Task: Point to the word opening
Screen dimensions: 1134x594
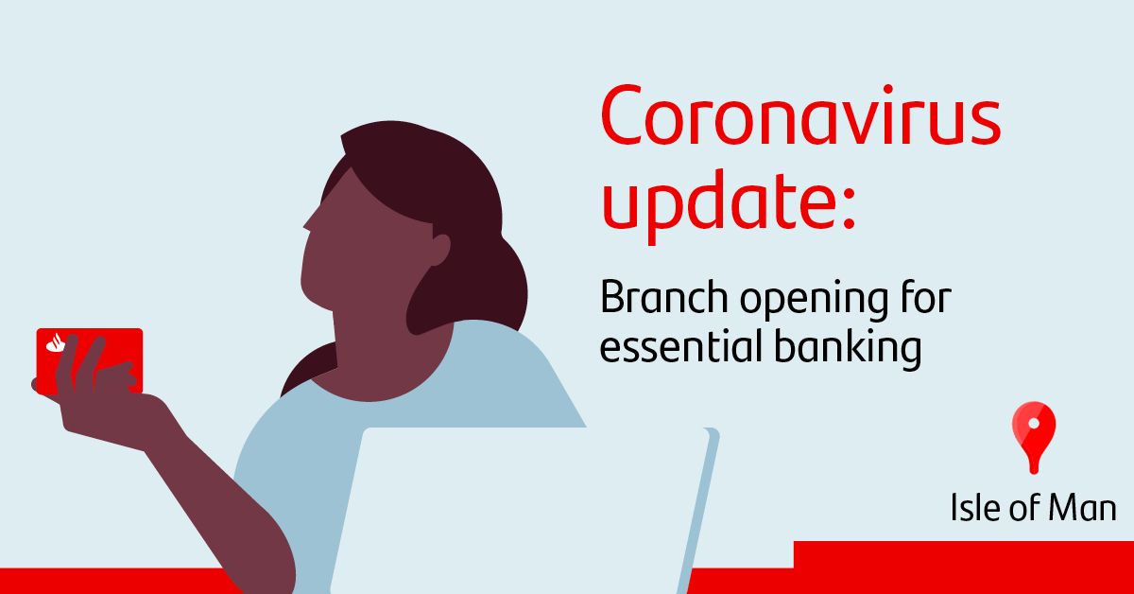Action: point(814,301)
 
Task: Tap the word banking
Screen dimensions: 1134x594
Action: point(848,349)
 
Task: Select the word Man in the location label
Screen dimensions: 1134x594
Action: point(1082,507)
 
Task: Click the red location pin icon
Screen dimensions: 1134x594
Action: point(1034,437)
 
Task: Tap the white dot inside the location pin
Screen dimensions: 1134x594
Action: point(1034,423)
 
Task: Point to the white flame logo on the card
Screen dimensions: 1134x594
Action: point(56,343)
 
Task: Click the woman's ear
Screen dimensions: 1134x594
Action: point(439,250)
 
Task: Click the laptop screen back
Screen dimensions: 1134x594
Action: point(522,511)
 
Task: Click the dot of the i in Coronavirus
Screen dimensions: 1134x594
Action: point(888,90)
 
